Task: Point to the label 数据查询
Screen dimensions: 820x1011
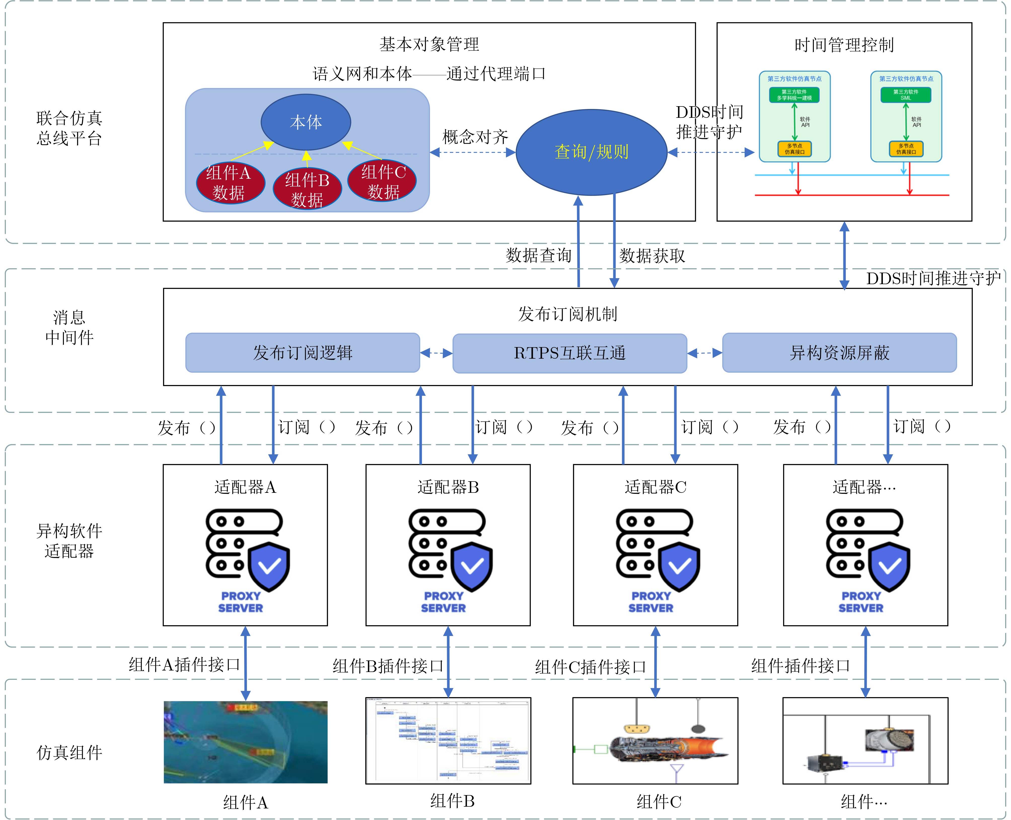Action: pos(538,255)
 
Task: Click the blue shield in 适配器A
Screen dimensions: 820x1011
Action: pos(269,567)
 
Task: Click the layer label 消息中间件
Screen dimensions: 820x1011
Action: pos(69,327)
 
